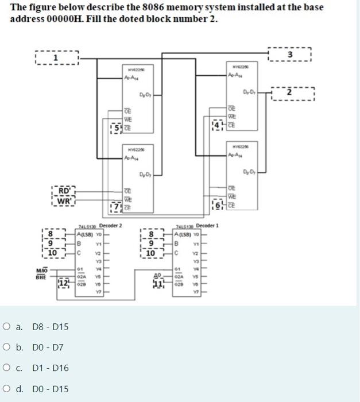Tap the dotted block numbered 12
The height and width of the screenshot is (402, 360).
64,283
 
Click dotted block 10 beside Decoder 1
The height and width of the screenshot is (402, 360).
150,253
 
